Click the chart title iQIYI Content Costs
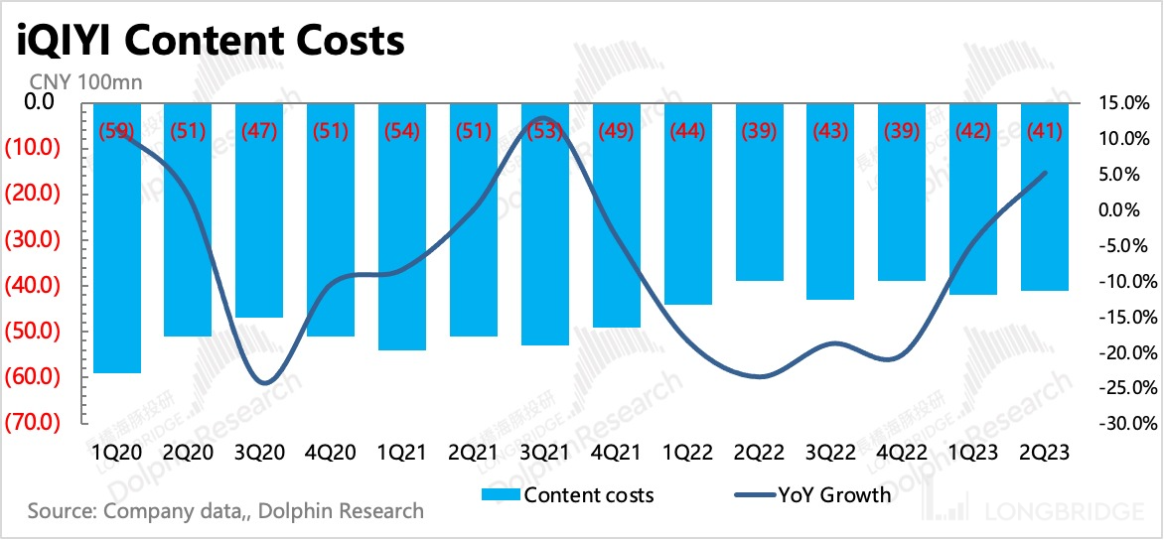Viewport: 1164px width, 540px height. [x=209, y=41]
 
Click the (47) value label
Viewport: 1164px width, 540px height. [x=259, y=131]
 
